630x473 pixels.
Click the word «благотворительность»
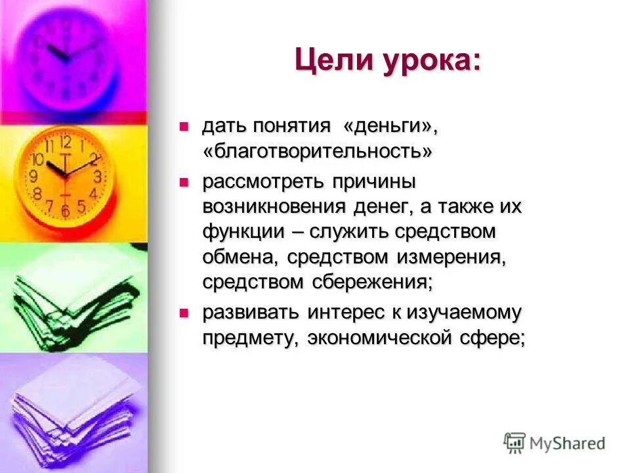[318, 152]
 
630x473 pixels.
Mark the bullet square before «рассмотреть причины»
[184, 179]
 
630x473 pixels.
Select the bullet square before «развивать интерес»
[184, 312]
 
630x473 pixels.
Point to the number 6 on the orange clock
[65, 210]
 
